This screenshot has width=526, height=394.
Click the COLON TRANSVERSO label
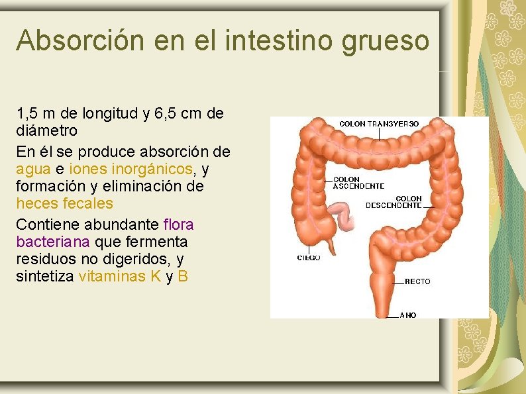(x=379, y=124)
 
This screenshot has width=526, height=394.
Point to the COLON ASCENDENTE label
(x=358, y=183)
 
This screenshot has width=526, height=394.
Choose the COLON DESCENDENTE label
(x=394, y=202)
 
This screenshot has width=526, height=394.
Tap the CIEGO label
(x=308, y=258)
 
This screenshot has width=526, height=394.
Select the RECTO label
(x=417, y=281)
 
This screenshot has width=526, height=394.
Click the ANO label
(x=408, y=315)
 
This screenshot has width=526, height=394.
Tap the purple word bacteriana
(x=53, y=241)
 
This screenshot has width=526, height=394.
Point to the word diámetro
(x=46, y=130)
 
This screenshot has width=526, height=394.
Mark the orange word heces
(x=36, y=204)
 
